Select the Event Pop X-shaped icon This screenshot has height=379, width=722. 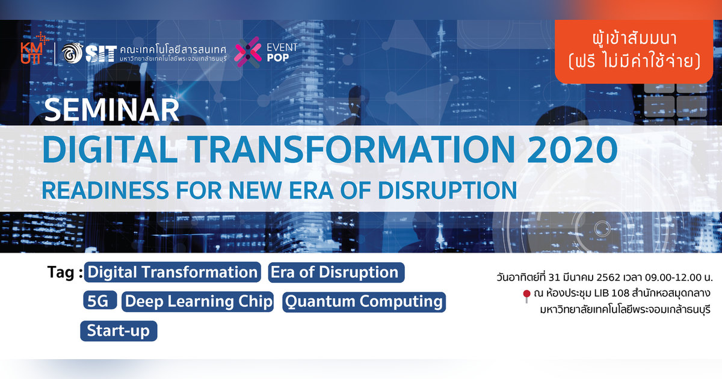click(247, 52)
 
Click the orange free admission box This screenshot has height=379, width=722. click(637, 52)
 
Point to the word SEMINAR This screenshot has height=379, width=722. click(112, 110)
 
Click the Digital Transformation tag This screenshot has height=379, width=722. click(172, 273)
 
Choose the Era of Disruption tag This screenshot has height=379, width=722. click(335, 273)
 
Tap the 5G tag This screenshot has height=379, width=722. click(98, 301)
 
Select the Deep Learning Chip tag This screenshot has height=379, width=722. click(198, 301)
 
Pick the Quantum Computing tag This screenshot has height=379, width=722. click(363, 301)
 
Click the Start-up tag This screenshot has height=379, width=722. click(118, 331)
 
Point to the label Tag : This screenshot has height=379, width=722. click(64, 273)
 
